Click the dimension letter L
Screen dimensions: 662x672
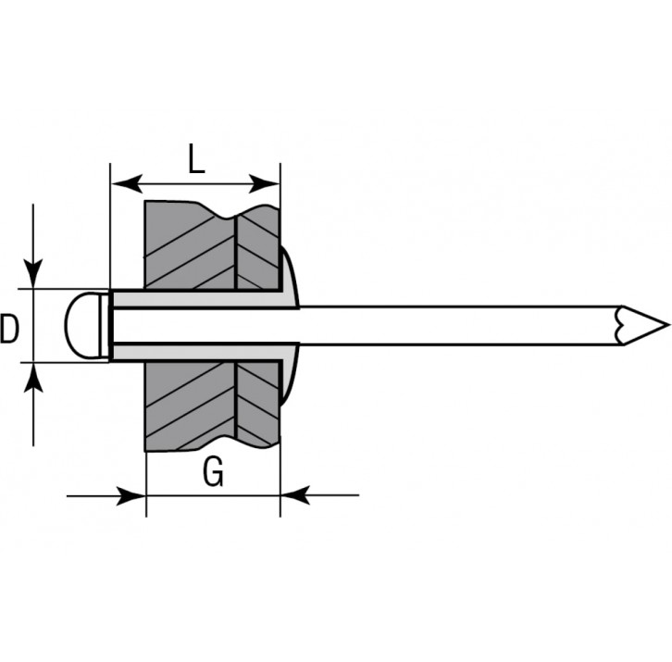[x=195, y=159]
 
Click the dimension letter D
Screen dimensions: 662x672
[x=10, y=329]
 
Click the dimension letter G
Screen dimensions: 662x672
[x=214, y=474]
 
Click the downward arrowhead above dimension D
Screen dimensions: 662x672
[x=33, y=274]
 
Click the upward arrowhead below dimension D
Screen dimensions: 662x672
[x=33, y=377]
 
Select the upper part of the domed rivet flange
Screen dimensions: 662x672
[x=289, y=277]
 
